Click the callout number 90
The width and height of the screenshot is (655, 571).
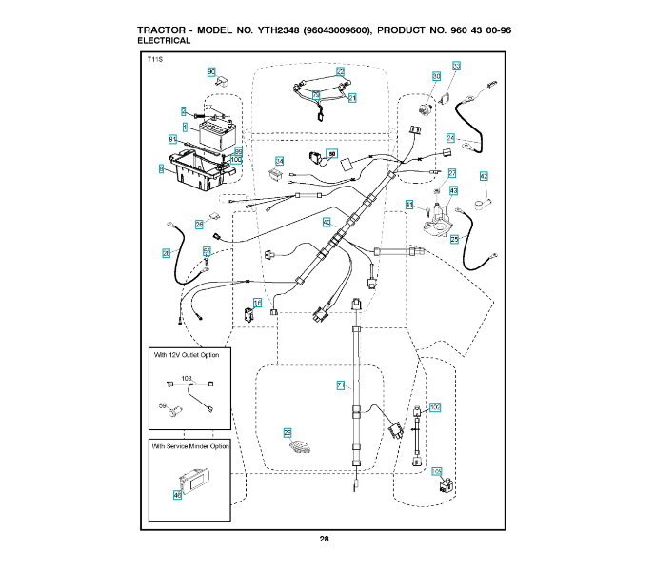click(x=211, y=71)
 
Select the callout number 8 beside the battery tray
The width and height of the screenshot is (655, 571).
click(x=162, y=168)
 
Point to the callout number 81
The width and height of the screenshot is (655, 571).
click(x=172, y=139)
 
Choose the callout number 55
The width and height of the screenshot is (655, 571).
click(x=206, y=251)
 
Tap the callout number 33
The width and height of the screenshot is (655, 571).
click(x=456, y=66)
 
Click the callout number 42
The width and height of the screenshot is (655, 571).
click(x=484, y=176)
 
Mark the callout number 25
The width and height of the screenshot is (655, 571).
click(x=454, y=240)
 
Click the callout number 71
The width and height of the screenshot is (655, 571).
click(x=340, y=384)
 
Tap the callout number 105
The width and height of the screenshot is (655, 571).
click(x=437, y=471)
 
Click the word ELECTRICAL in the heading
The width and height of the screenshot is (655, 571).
click(x=164, y=41)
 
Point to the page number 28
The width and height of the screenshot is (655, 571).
click(x=324, y=540)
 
